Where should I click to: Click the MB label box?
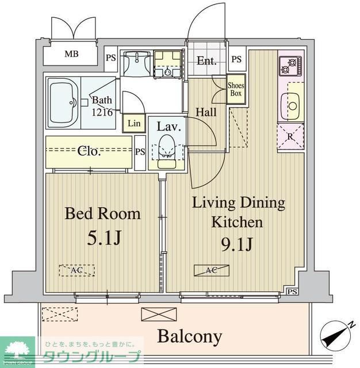tap(71, 55)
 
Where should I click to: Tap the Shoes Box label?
tap(236, 89)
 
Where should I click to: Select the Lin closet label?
tap(134, 123)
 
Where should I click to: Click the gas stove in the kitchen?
tap(287, 67)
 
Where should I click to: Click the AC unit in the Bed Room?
tap(76, 270)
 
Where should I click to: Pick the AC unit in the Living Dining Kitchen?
tap(210, 270)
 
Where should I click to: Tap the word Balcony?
tap(189, 336)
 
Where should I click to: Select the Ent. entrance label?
tap(206, 60)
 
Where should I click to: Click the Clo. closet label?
tap(90, 151)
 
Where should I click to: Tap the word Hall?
tap(206, 112)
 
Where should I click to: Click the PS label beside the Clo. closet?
tap(140, 152)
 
